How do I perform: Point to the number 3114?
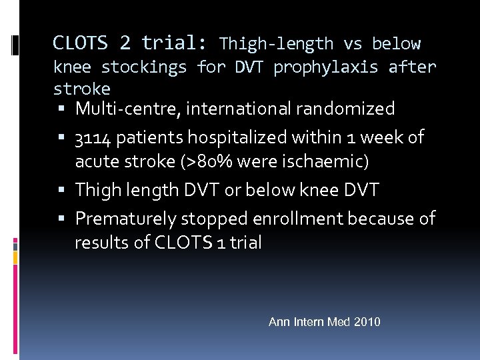pos(93,138)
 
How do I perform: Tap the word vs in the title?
pos(353,45)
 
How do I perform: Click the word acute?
pos(97,161)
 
